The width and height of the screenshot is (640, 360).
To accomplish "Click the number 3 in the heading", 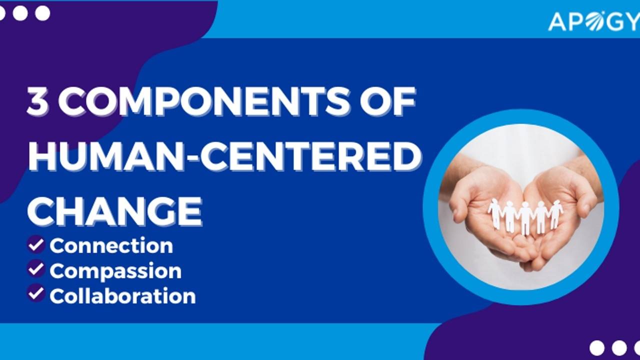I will click(38, 103).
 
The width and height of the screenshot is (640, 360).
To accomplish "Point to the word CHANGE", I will click(115, 210).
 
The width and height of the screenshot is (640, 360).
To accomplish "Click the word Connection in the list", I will click(111, 245).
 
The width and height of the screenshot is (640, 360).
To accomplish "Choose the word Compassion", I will click(115, 270).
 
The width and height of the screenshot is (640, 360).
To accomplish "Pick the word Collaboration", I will click(122, 296).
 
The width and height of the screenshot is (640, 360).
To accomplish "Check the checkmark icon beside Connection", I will click(36, 244).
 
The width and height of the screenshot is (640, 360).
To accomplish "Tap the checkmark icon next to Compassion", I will click(36, 269).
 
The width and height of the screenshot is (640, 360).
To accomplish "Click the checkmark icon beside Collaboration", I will click(36, 293).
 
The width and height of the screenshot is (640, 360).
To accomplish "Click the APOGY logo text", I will click(593, 21).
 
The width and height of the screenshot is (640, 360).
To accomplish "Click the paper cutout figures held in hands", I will click(525, 215).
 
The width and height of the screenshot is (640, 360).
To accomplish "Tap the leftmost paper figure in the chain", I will click(494, 212).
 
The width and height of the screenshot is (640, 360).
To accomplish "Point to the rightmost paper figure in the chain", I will click(556, 212).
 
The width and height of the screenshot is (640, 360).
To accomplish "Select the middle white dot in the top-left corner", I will click(20, 13).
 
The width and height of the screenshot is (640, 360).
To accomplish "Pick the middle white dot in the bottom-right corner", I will click(619, 347).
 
